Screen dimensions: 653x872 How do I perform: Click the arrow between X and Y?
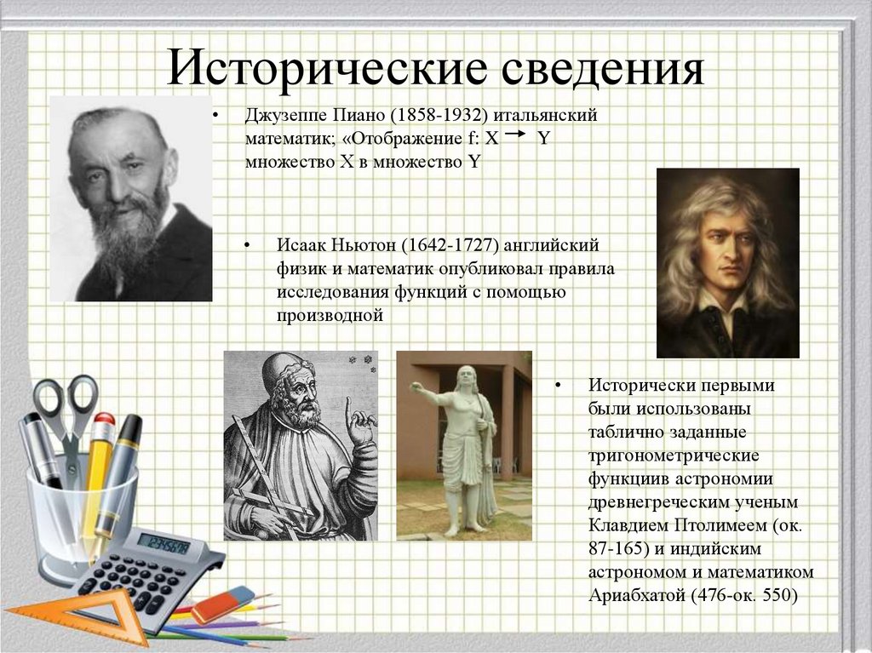(x=515, y=134)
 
